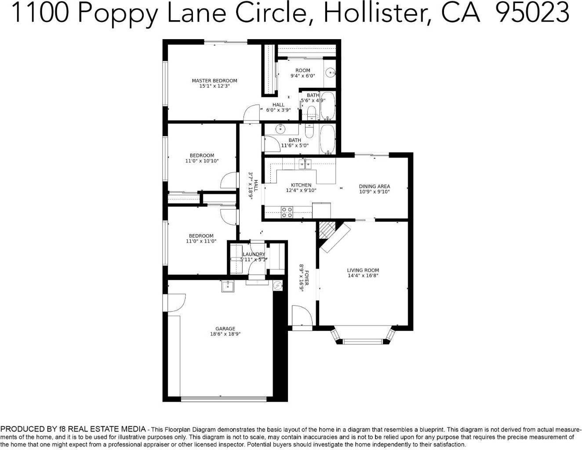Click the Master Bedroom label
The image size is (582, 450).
(214, 80)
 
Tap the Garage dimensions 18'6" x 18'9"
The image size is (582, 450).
(225, 334)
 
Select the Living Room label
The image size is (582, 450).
(363, 270)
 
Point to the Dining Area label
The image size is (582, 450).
(374, 186)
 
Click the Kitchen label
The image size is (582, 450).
(301, 185)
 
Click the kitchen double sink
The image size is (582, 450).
(305, 164)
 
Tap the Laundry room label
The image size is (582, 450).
(254, 254)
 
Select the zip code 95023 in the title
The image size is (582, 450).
(533, 13)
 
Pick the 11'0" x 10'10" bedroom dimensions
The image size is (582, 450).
(202, 161)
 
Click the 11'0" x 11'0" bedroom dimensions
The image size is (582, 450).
(201, 241)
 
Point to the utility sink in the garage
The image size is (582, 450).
(228, 286)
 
